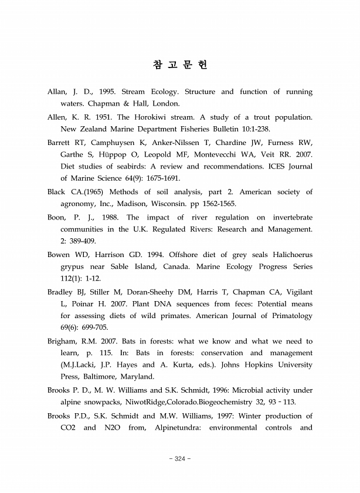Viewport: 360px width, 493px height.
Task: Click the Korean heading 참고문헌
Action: coord(179,64)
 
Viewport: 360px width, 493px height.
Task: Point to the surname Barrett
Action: coord(60,142)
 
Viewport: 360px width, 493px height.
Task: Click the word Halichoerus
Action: coord(288,254)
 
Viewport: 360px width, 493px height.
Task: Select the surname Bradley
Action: coord(60,292)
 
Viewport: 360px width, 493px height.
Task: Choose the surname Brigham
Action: coord(62,342)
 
